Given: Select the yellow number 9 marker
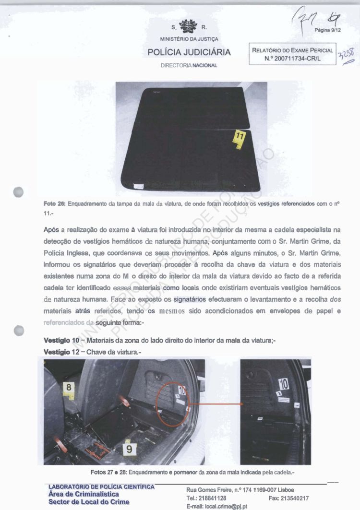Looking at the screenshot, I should pos(130,450).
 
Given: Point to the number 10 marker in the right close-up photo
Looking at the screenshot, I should pos(283,384).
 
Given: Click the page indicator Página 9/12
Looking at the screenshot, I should pos(327,30).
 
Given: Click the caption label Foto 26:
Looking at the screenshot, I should pos(55,204).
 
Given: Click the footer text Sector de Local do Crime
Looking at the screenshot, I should pos(89,502).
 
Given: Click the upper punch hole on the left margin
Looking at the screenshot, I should pos(19,191).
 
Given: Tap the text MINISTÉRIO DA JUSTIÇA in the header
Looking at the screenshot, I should pos(189,39).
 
